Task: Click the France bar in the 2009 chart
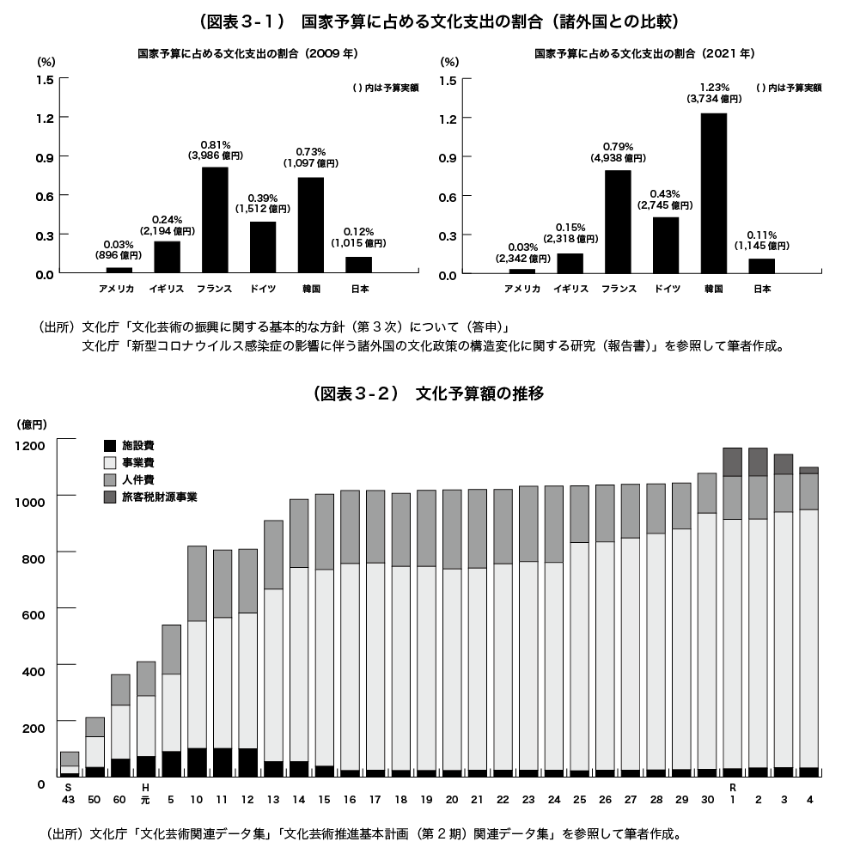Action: point(215,220)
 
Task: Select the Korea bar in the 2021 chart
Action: point(714,193)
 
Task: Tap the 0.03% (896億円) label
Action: point(119,250)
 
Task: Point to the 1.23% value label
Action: point(714,87)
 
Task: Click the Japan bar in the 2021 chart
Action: point(761,265)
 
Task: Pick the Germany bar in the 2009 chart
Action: point(263,247)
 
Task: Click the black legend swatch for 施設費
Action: point(110,446)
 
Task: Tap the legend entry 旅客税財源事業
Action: point(159,497)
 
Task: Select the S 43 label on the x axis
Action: point(69,794)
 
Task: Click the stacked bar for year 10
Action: point(197,662)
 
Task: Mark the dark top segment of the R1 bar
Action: point(732,462)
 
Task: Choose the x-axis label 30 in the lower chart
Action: point(707,800)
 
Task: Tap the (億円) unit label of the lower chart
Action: point(32,424)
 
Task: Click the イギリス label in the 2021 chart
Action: point(570,289)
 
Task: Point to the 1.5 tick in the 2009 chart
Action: point(45,79)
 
